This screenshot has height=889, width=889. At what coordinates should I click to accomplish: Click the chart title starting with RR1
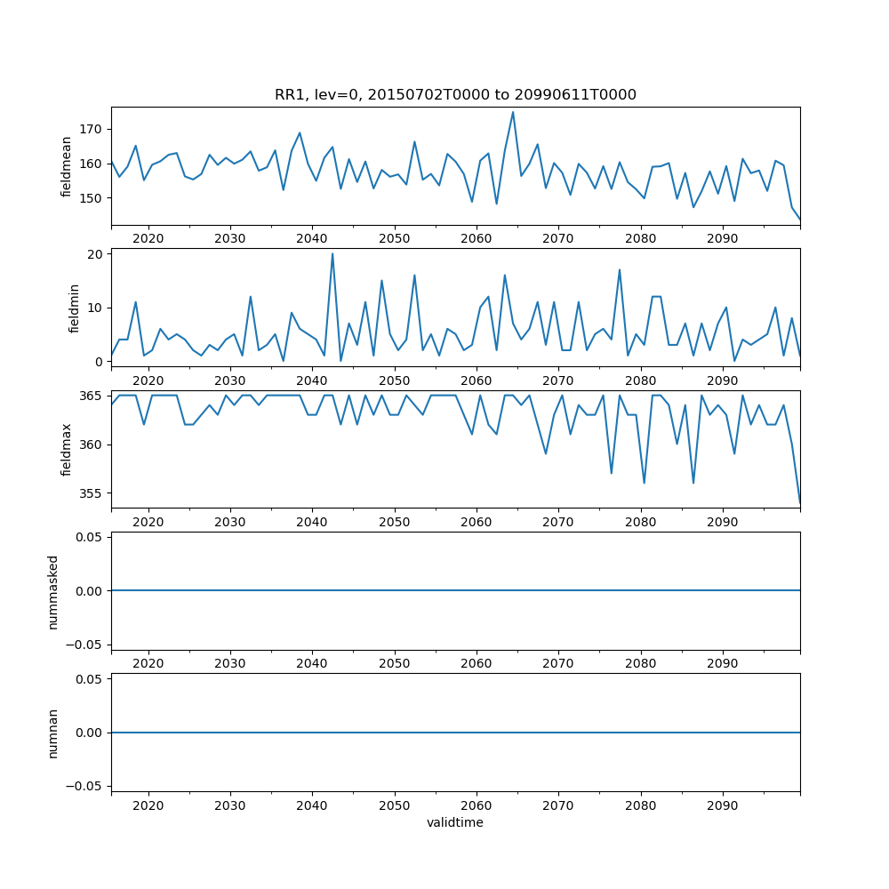point(455,95)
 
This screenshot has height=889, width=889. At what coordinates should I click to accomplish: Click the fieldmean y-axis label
point(67,166)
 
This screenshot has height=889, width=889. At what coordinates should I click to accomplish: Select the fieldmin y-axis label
point(75,308)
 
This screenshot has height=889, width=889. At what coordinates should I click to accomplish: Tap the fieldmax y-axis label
point(67,449)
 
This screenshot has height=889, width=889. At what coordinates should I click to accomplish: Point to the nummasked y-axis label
point(52,591)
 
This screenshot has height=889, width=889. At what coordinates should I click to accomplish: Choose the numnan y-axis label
point(52,733)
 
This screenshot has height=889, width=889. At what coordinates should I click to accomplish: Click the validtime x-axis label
point(455,823)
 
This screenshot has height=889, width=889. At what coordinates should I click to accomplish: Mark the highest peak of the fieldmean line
point(513,112)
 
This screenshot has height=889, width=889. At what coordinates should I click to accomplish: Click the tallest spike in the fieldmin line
point(332,254)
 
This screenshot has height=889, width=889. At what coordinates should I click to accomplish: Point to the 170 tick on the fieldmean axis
point(92,129)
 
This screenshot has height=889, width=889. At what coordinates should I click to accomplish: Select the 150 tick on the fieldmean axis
point(92,198)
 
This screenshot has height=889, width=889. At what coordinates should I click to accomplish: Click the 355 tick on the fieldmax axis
point(92,493)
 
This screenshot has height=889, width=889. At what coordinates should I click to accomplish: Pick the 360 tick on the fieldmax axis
point(92,444)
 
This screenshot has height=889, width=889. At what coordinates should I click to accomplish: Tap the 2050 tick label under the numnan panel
point(394,805)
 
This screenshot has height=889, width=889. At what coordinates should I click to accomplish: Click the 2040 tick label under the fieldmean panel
point(312,239)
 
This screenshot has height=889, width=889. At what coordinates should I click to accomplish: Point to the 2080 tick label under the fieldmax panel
point(640,522)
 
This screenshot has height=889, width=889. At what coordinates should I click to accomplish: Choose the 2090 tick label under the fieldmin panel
point(722,380)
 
